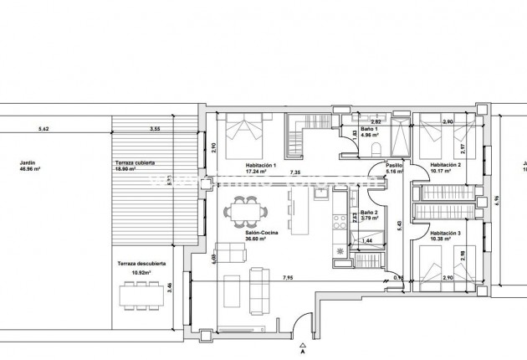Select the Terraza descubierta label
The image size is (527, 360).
click(x=141, y=267)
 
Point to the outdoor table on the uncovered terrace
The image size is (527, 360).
click(x=140, y=295)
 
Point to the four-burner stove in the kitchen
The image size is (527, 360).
click(x=339, y=223)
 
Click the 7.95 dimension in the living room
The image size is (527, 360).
click(x=288, y=276)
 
